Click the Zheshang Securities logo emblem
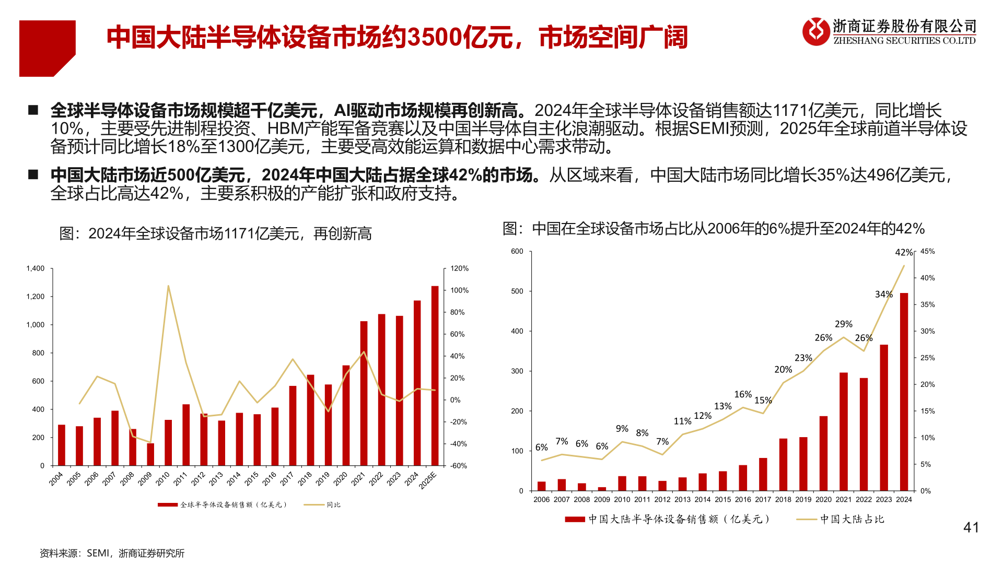(x=816, y=31)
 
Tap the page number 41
(x=971, y=527)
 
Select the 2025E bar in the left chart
(x=435, y=376)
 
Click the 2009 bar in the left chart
(x=150, y=454)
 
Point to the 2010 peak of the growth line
(x=168, y=286)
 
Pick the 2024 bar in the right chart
(x=904, y=392)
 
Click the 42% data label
(x=904, y=253)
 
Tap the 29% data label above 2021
(x=843, y=324)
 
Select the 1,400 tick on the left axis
(x=36, y=268)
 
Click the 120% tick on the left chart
(x=460, y=268)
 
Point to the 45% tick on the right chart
(x=927, y=251)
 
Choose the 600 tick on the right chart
(x=517, y=251)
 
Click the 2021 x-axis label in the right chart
(x=843, y=500)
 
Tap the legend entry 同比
(x=333, y=505)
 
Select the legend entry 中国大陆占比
(x=852, y=519)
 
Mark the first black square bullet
(x=33, y=110)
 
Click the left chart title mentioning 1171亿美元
(x=215, y=233)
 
